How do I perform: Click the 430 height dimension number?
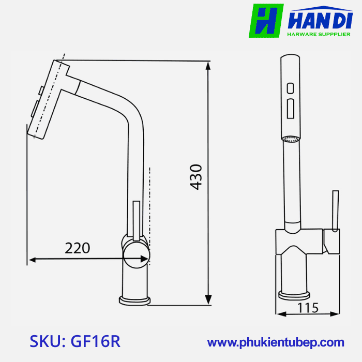pos(196,177)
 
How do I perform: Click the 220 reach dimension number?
pos(78,248)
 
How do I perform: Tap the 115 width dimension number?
pos(309,308)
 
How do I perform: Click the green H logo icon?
pos(266,21)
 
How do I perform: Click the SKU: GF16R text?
pos(76,341)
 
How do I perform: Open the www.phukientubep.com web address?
pos(276,342)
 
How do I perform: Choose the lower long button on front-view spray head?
pos(291,108)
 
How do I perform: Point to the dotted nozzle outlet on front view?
pos(291,138)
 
